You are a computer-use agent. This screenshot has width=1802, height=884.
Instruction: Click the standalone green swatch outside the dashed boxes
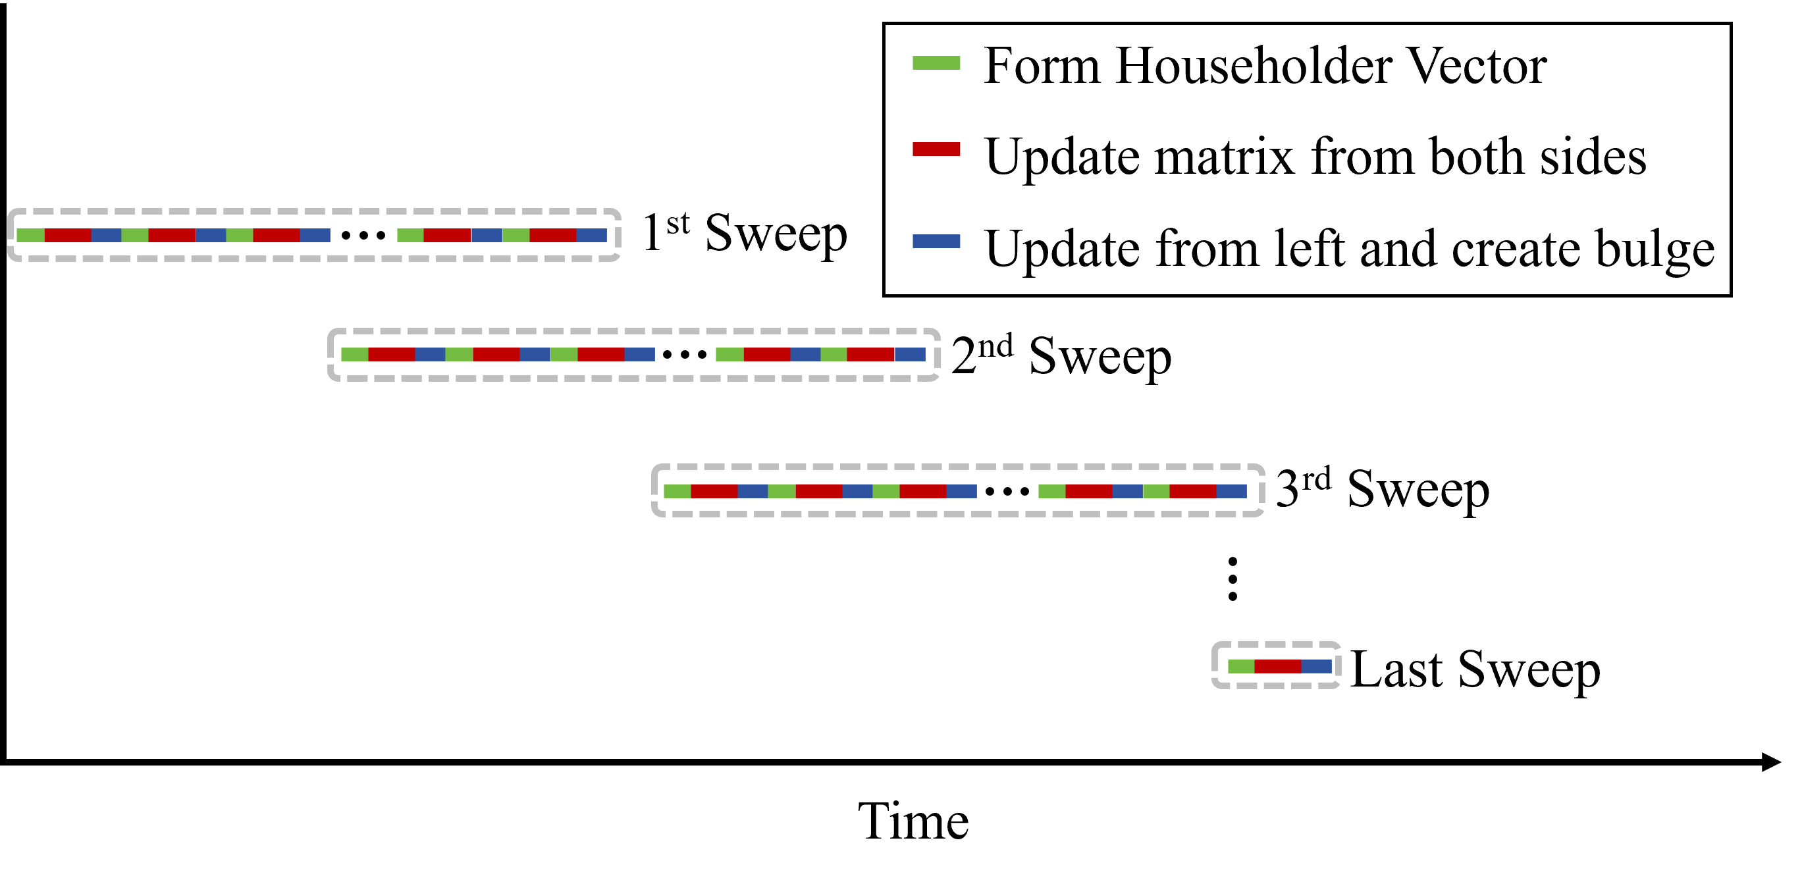tap(936, 63)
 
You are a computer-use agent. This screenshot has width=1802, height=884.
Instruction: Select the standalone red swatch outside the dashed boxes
tap(936, 149)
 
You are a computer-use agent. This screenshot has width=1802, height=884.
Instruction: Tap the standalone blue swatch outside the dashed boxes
tap(936, 242)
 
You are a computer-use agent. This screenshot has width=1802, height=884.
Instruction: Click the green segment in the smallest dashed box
tap(1241, 667)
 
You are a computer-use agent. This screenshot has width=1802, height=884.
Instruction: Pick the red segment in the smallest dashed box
tap(1277, 667)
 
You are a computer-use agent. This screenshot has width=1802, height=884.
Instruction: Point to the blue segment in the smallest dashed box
tap(1316, 667)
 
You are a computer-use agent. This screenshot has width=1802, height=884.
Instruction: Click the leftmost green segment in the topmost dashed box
tap(30, 235)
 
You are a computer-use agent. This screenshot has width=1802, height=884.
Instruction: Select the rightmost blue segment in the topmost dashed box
tap(591, 235)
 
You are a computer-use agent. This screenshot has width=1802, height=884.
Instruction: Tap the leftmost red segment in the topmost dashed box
tap(67, 235)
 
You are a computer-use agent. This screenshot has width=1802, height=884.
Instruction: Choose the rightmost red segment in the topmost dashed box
tap(552, 235)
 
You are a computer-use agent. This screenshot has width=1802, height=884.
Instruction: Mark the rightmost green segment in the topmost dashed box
tap(516, 235)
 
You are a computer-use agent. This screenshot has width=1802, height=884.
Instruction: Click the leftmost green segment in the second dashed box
tap(355, 355)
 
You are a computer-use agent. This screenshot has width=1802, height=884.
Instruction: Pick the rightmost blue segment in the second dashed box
tap(910, 355)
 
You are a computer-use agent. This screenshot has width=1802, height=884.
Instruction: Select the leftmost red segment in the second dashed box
tap(392, 355)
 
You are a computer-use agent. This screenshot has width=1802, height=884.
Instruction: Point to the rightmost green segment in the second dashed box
tap(834, 355)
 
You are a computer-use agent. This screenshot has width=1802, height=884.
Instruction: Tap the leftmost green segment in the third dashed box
tap(677, 492)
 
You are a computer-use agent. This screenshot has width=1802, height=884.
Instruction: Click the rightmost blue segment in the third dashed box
tap(1231, 492)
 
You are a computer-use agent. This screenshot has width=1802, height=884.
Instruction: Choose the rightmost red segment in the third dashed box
tap(1193, 492)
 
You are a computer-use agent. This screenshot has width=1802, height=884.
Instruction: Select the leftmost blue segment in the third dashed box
tap(753, 492)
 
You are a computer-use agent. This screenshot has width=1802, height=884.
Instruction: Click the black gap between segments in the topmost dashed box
tap(363, 235)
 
